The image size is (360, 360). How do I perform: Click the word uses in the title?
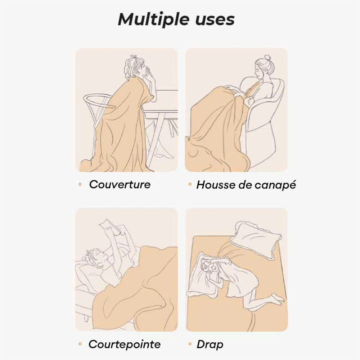click(x=215, y=20)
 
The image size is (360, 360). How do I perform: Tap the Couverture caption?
click(x=120, y=184)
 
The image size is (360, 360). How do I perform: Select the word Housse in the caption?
click(x=216, y=185)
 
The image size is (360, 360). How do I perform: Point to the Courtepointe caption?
click(x=125, y=345)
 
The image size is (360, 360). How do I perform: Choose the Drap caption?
click(x=210, y=345)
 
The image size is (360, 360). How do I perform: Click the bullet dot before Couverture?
click(x=80, y=184)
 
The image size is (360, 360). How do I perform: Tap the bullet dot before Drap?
click(x=190, y=344)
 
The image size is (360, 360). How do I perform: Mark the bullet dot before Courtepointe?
click(x=80, y=344)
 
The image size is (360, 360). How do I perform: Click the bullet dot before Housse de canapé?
click(x=190, y=184)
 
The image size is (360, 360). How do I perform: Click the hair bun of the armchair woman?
click(x=267, y=57)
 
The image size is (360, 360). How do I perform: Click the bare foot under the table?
click(x=164, y=153)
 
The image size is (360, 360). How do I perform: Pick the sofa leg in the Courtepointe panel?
click(x=86, y=318)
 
